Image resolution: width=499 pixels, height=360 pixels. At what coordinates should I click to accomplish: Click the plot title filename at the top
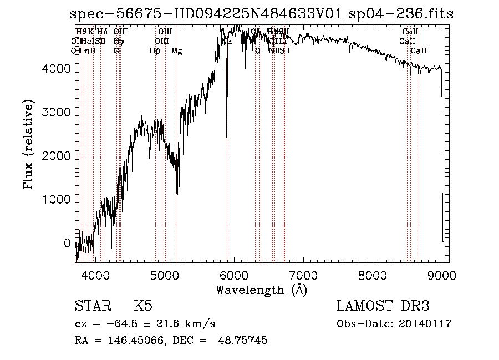tap(262, 14)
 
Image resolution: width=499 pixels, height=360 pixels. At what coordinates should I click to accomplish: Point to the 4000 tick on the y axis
tap(58, 68)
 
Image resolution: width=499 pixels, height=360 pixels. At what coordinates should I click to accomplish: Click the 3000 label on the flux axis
tap(58, 112)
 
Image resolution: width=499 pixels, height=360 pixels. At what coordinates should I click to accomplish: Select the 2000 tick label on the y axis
tap(58, 156)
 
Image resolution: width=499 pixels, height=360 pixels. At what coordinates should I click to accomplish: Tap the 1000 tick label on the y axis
tap(58, 199)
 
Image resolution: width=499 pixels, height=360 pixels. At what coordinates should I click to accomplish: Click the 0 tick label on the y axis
tap(68, 243)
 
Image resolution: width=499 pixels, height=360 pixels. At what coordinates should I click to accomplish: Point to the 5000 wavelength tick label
tap(164, 275)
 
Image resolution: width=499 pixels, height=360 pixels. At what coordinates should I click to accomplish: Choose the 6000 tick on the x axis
tap(233, 275)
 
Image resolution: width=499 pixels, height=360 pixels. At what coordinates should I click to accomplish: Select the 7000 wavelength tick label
tap(303, 275)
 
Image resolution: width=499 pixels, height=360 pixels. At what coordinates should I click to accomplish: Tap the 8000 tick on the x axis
tap(373, 275)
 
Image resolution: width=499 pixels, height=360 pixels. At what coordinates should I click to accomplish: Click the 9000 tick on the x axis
tap(442, 275)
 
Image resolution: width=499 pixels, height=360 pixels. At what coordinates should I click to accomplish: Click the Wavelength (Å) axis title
tap(261, 290)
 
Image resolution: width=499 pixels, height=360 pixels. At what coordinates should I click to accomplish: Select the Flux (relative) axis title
tap(28, 144)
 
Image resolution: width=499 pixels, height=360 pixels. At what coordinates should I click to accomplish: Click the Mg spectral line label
tap(177, 51)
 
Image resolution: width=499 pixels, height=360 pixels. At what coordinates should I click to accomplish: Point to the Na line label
tap(227, 42)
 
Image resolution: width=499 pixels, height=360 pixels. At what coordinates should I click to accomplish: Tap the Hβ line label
tap(155, 51)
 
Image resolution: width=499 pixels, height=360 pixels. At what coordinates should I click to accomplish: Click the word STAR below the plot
tap(93, 307)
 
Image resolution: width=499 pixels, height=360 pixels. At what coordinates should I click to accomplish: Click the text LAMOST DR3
tap(383, 307)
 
